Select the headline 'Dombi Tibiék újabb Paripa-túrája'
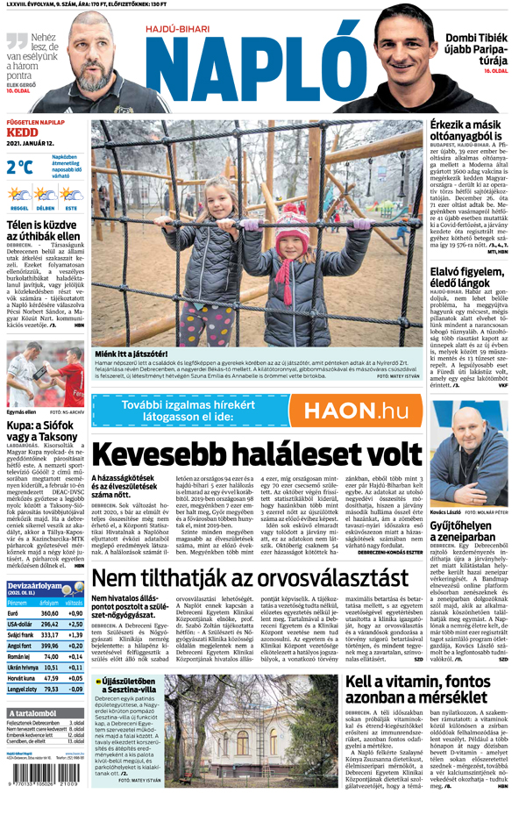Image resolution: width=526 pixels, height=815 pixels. coord(476,52)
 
